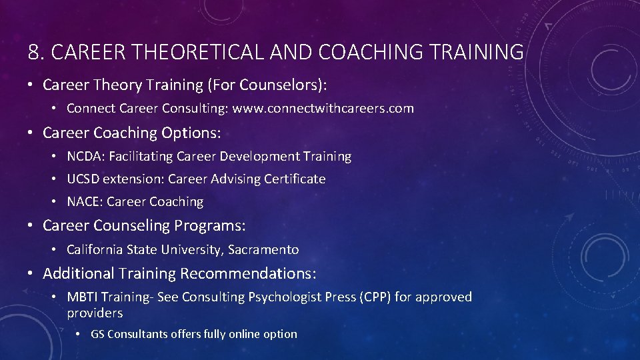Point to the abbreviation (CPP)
coord(374,297)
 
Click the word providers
coord(95,313)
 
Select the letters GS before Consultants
coord(97,334)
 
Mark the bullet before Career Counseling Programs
coord(31,226)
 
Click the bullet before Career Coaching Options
coord(31,133)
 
